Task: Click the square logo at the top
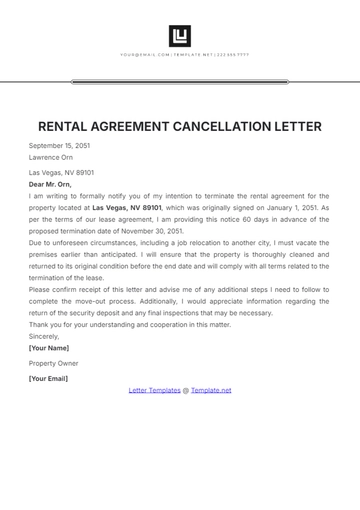pyautogui.click(x=180, y=36)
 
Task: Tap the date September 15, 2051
pyautogui.click(x=59, y=146)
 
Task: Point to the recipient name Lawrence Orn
pyautogui.click(x=51, y=157)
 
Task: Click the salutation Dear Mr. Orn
pyautogui.click(x=51, y=185)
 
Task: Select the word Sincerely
pyautogui.click(x=44, y=336)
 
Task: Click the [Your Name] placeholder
pyautogui.click(x=49, y=347)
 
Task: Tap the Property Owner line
pyautogui.click(x=53, y=363)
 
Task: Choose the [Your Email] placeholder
pyautogui.click(x=49, y=379)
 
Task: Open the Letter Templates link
pyautogui.click(x=155, y=390)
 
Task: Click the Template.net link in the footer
pyautogui.click(x=211, y=390)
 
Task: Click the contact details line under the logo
pyautogui.click(x=184, y=55)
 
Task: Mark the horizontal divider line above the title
pyautogui.click(x=180, y=82)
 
